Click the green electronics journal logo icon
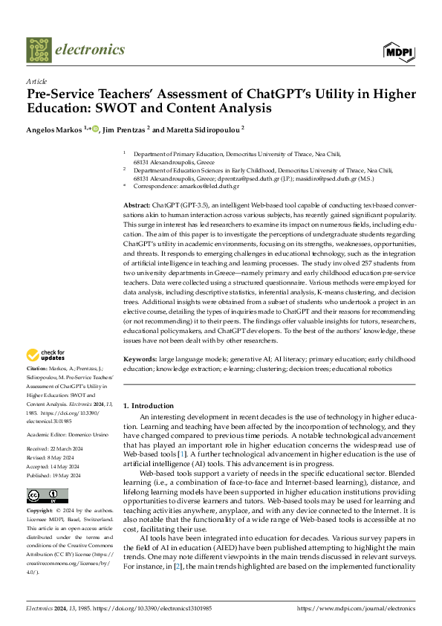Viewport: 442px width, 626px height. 38,50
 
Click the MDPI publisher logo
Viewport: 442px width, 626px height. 398,51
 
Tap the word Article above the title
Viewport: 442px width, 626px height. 36,80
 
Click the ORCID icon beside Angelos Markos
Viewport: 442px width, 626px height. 96,130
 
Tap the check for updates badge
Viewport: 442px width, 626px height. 45,355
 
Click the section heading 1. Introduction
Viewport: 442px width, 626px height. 148,405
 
